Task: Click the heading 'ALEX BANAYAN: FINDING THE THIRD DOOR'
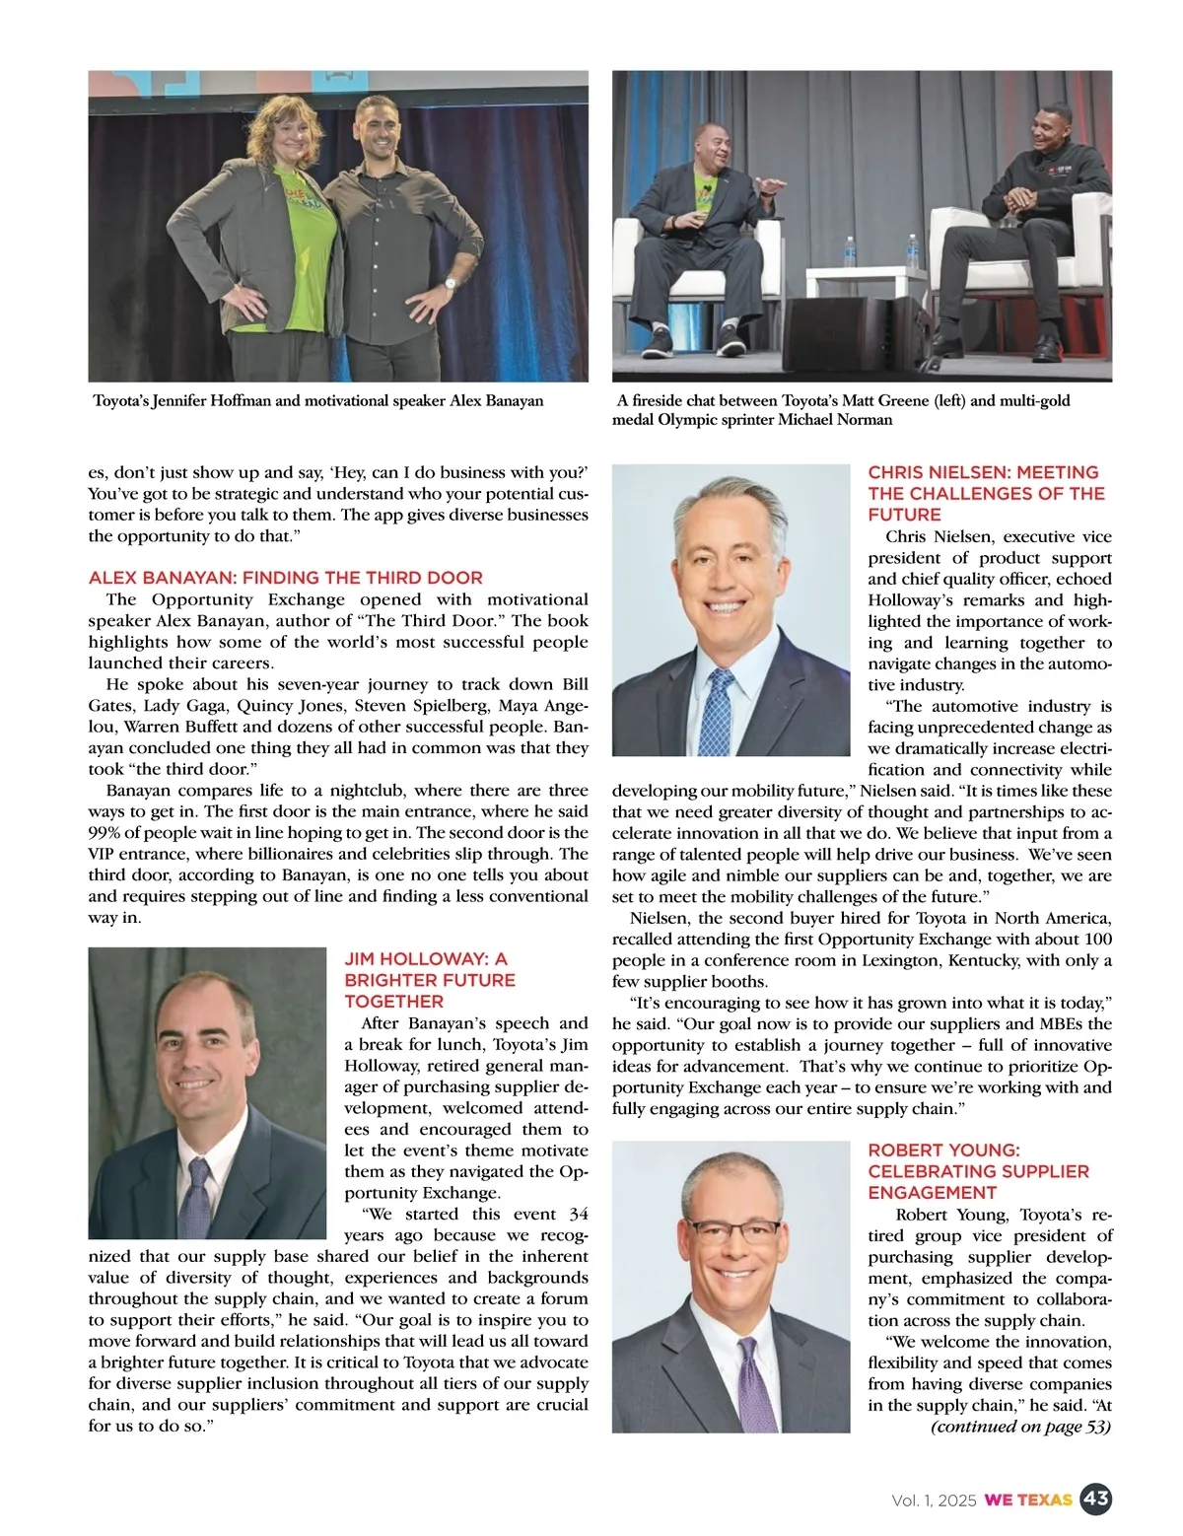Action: pyautogui.click(x=286, y=578)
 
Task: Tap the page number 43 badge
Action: pyautogui.click(x=1095, y=1500)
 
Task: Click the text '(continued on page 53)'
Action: pyautogui.click(x=1020, y=1427)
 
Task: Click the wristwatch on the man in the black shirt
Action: pyautogui.click(x=451, y=284)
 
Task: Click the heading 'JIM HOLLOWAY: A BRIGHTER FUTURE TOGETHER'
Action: pyautogui.click(x=430, y=980)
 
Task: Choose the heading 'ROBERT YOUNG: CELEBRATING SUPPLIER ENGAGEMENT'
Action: pyautogui.click(x=978, y=1171)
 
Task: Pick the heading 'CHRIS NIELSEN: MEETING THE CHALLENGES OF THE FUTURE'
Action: pyautogui.click(x=986, y=493)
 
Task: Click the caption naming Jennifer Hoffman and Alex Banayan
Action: pyautogui.click(x=318, y=401)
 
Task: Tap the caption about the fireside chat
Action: pyautogui.click(x=843, y=410)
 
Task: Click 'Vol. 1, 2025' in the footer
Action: pyautogui.click(x=934, y=1501)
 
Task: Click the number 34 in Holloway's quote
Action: pyautogui.click(x=579, y=1214)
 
